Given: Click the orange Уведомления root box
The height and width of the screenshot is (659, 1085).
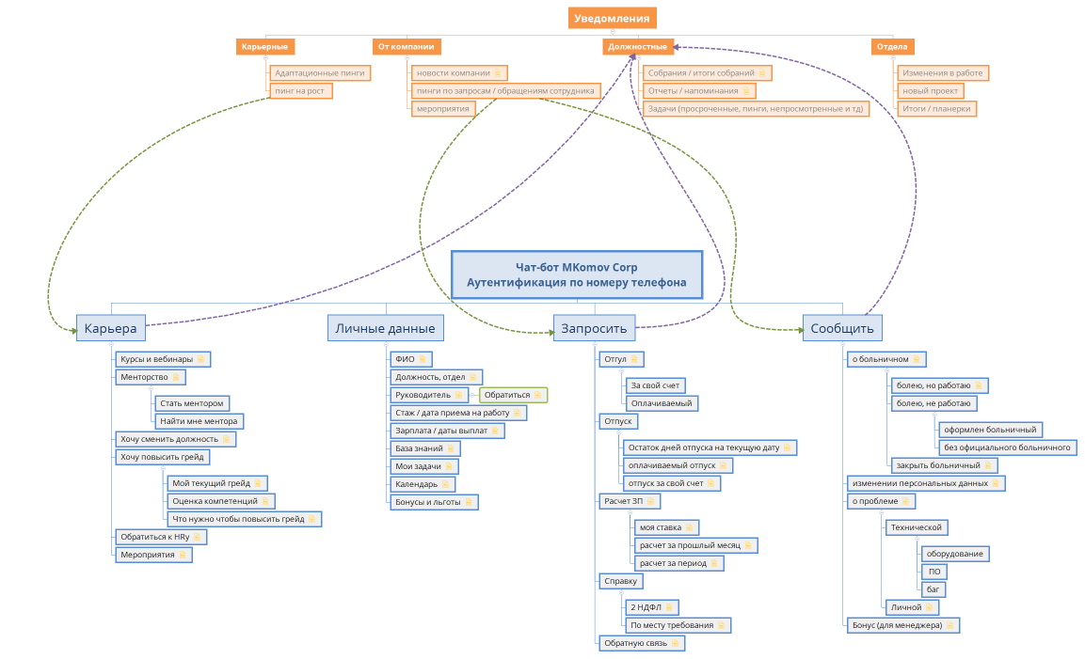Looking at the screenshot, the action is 613,18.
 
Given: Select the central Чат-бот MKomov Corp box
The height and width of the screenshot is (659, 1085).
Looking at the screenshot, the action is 577,275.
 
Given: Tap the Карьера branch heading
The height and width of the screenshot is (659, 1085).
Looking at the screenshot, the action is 111,328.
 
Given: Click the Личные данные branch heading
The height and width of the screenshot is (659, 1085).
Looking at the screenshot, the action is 386,328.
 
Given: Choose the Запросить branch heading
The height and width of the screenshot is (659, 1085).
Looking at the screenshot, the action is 594,328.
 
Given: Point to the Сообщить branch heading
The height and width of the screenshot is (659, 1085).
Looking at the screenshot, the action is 842,328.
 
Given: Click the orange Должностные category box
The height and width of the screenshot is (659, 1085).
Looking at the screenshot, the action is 637,46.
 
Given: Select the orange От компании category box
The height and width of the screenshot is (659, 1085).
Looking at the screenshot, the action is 407,46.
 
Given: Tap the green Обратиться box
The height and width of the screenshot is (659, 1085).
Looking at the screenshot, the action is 514,395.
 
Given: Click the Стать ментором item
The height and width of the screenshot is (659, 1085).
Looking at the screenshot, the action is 192,403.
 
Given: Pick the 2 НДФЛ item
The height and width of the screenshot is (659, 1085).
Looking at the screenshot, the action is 652,607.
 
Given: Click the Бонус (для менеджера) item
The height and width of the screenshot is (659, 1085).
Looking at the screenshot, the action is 903,625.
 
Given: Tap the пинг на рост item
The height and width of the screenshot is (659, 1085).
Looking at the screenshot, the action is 301,90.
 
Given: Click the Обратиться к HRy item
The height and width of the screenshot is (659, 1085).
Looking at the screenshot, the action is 161,537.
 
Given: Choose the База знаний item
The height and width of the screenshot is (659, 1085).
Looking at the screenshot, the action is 424,448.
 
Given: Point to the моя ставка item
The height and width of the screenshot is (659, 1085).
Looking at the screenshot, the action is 666,527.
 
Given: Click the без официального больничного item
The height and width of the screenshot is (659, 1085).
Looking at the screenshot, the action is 1007,447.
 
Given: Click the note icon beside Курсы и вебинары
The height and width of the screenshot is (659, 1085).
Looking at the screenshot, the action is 200,359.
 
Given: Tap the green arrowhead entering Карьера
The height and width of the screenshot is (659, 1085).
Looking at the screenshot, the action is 73,331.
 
